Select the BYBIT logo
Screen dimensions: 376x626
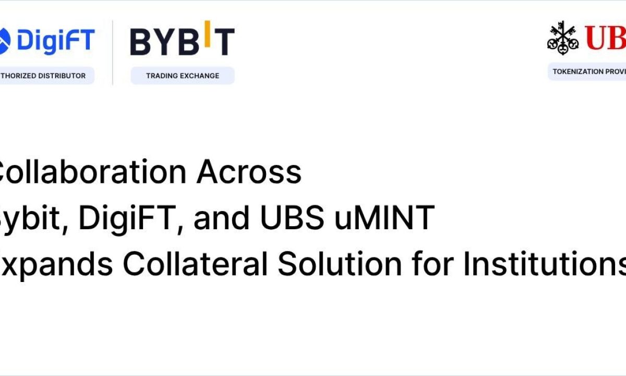point(182,40)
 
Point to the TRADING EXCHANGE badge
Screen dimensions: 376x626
point(182,76)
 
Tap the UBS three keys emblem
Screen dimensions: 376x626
point(563,38)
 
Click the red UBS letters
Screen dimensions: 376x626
point(605,38)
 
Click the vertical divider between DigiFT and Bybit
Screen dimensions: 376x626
point(113,52)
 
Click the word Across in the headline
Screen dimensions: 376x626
point(249,172)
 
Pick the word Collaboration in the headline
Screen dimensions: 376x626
point(91,172)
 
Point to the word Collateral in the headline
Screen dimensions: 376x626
point(195,264)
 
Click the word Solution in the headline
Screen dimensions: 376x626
point(340,264)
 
